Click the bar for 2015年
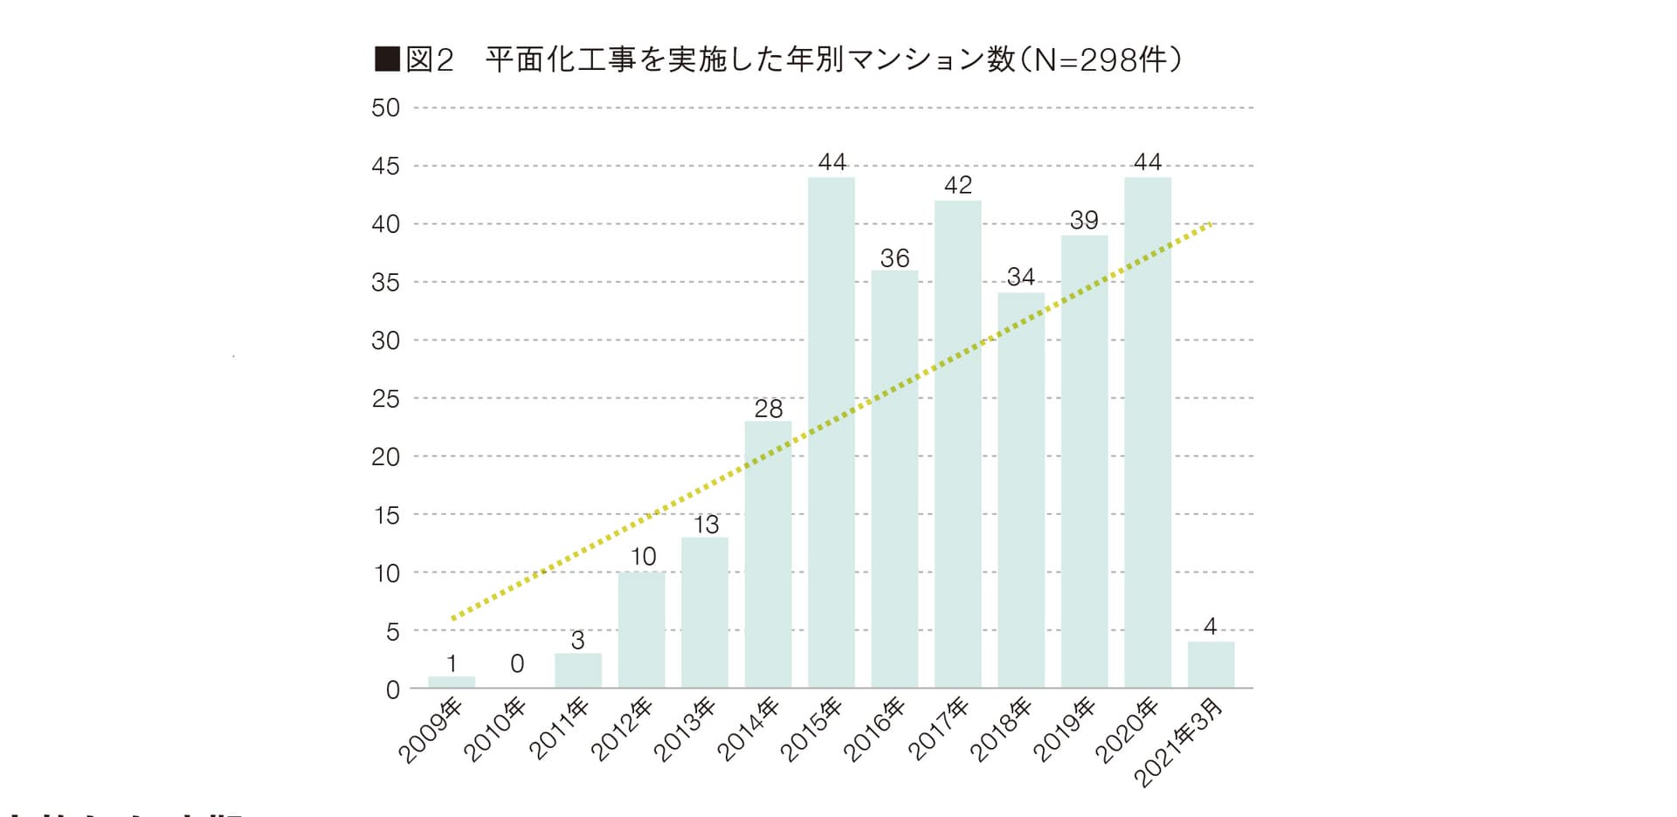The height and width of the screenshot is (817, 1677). click(x=831, y=432)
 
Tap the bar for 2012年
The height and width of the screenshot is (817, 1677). click(x=641, y=629)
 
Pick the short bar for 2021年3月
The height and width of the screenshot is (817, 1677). click(x=1211, y=665)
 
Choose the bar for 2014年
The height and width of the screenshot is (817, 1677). click(x=768, y=554)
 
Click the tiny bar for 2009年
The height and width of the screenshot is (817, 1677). click(x=452, y=682)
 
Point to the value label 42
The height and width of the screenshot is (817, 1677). click(x=958, y=185)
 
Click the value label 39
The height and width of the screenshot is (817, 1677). click(x=1084, y=220)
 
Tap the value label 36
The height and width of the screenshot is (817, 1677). click(x=894, y=257)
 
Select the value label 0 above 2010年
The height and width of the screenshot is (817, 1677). click(x=517, y=664)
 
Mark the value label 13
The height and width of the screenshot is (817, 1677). click(x=706, y=525)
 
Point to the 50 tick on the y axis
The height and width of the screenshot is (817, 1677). click(x=385, y=108)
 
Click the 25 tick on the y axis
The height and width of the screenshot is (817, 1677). click(x=385, y=399)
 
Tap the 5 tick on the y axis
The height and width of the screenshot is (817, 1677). click(x=392, y=631)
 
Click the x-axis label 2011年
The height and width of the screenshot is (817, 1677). click(x=560, y=730)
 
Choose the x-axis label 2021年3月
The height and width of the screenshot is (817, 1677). click(x=1178, y=742)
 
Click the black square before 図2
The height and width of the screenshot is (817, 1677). click(x=386, y=59)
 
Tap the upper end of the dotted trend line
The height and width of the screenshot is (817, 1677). click(x=1210, y=224)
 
